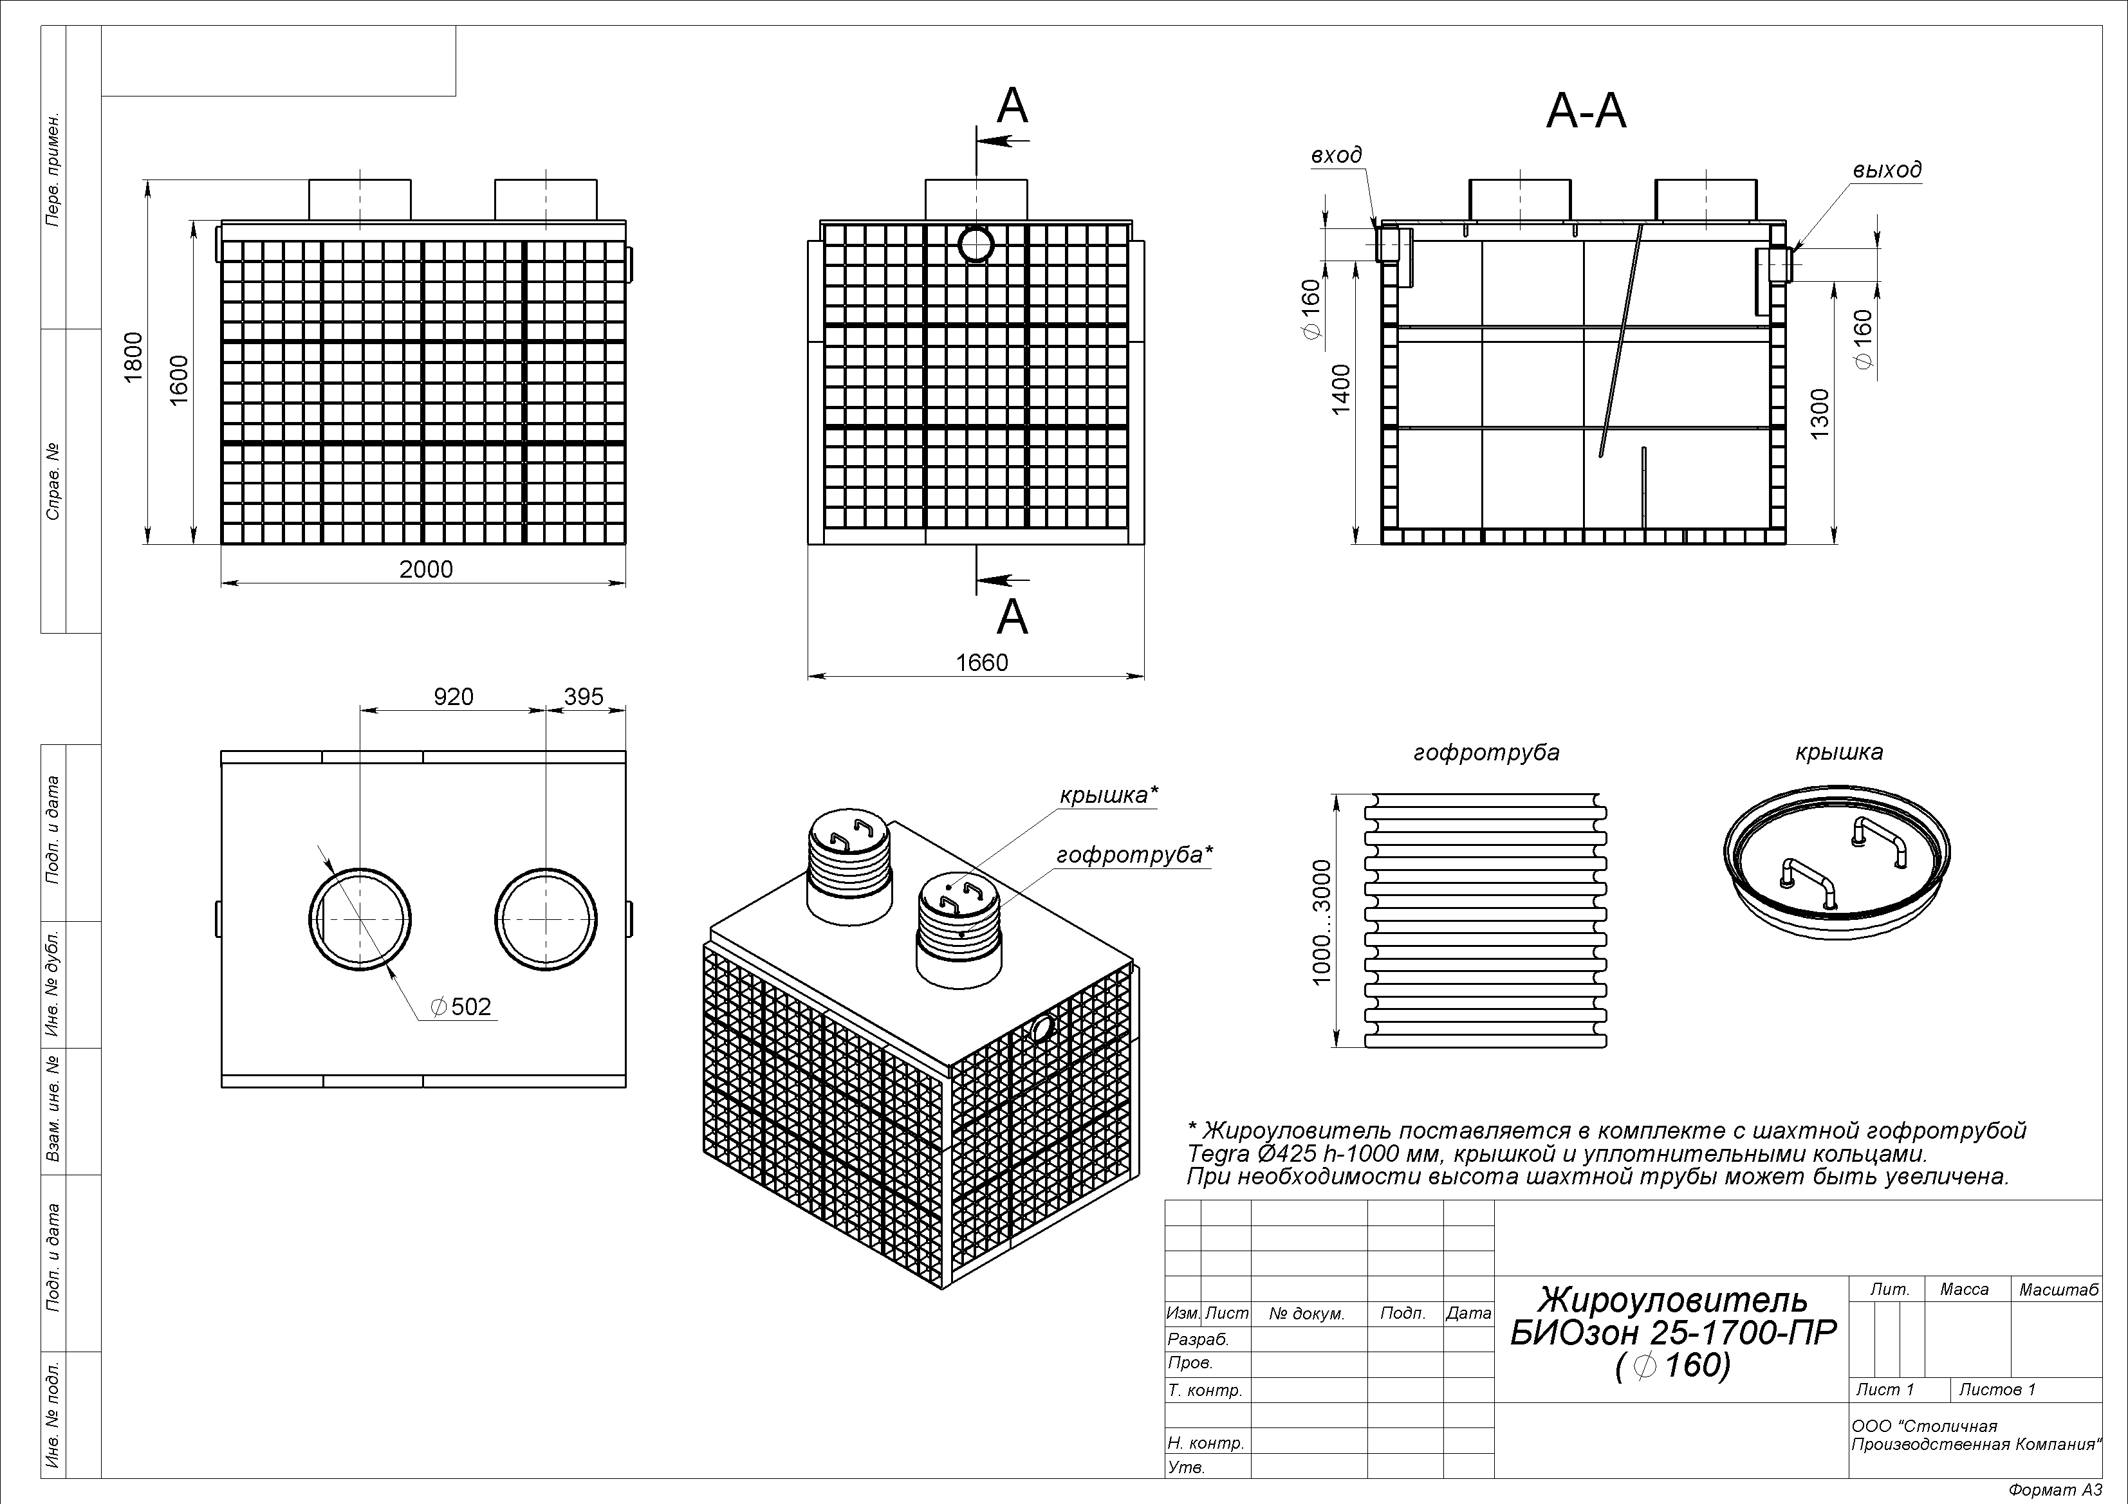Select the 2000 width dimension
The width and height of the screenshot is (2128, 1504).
pos(427,569)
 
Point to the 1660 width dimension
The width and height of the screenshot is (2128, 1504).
pos(981,663)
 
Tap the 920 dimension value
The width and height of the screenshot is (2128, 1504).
pos(453,697)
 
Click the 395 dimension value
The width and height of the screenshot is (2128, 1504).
pos(584,697)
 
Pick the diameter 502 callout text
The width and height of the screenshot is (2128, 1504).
pos(461,1006)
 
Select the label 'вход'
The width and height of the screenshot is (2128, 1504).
pos(1337,156)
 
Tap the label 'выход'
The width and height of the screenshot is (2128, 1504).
pos(1887,170)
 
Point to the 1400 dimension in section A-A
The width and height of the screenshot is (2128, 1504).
pos(1341,389)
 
